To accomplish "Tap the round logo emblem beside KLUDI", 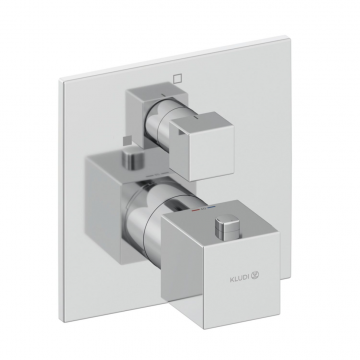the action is pyautogui.click(x=255, y=275).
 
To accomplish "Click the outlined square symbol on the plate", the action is pyautogui.click(x=178, y=78).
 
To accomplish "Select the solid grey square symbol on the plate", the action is pyautogui.click(x=126, y=141).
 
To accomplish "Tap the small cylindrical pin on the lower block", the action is pyautogui.click(x=133, y=160).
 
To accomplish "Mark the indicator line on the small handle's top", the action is pyautogui.click(x=195, y=118).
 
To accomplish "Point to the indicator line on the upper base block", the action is pyautogui.click(x=163, y=95).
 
